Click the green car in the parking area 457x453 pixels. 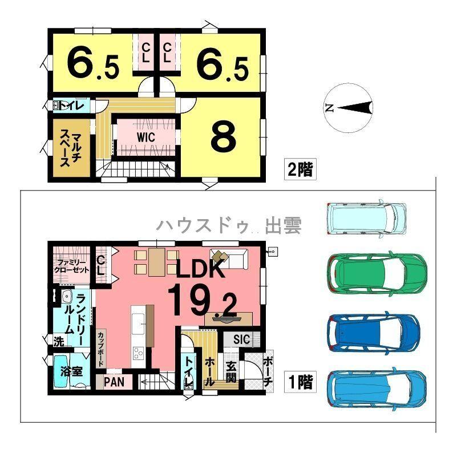click(x=377, y=274)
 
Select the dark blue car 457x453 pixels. click(x=374, y=334)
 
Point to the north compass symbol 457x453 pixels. click(x=349, y=108)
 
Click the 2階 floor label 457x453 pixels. click(x=300, y=169)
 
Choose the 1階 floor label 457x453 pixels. click(x=300, y=382)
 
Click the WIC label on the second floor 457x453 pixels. click(x=146, y=137)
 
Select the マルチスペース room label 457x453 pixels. click(x=71, y=149)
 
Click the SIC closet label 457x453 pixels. click(x=241, y=339)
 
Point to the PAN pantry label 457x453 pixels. click(x=114, y=382)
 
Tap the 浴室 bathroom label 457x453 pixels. click(x=71, y=371)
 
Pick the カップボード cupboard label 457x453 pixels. click(x=101, y=349)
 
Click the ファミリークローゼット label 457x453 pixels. click(x=72, y=266)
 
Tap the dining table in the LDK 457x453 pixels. click(x=157, y=262)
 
